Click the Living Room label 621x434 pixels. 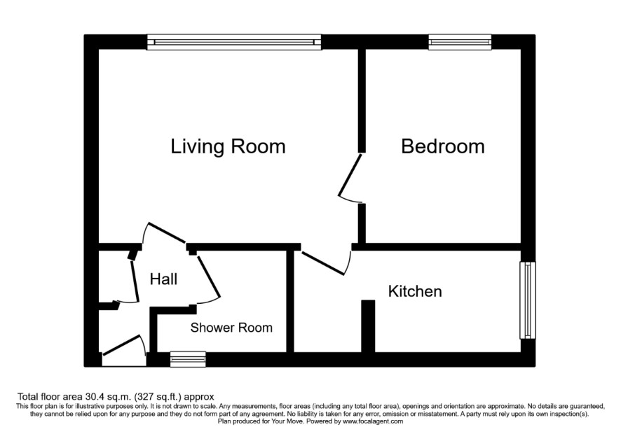[x=228, y=146]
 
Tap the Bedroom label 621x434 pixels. [x=443, y=146]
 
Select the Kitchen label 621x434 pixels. [x=415, y=291]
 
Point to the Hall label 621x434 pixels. [x=163, y=279]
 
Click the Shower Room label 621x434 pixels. [x=231, y=328]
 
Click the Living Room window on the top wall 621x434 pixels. [x=234, y=42]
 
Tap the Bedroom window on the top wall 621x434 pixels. [x=460, y=42]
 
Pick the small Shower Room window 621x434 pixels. [x=188, y=359]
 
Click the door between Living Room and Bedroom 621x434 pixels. [x=350, y=176]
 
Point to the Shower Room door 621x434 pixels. [x=208, y=277]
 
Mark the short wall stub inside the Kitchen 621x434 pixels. [x=368, y=326]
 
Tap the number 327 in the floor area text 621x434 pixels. [x=144, y=397]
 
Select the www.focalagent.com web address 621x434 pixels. [x=373, y=421]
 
